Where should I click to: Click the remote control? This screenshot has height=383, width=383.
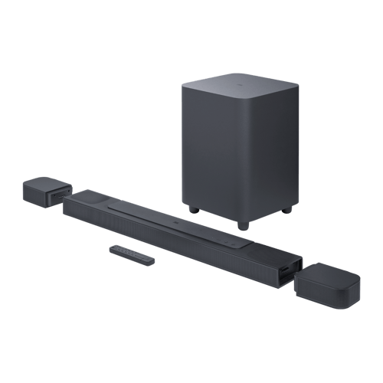coord(131,255)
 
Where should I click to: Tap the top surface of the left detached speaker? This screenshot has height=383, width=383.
coord(46,185)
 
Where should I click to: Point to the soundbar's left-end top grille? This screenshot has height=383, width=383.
coord(88,199)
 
